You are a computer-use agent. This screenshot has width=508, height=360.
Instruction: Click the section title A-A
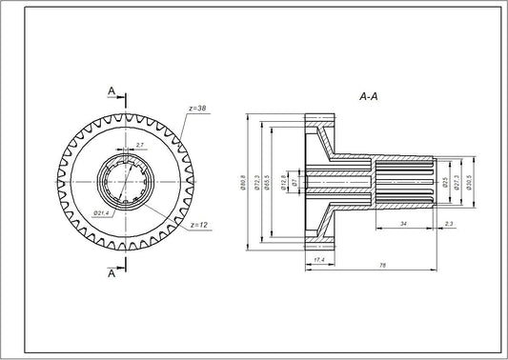369,97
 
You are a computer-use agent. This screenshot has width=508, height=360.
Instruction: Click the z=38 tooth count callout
198,109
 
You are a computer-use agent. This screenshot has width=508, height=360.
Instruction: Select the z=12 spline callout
198,225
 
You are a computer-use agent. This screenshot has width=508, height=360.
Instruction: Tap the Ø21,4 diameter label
102,213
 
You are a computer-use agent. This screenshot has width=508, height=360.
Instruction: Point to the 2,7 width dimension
139,145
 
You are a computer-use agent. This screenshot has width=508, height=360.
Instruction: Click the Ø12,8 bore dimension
283,181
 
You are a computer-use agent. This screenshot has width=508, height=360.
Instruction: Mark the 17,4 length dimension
317,258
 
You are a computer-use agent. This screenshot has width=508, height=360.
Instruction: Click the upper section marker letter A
112,91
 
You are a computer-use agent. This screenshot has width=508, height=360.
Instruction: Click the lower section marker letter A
112,274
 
